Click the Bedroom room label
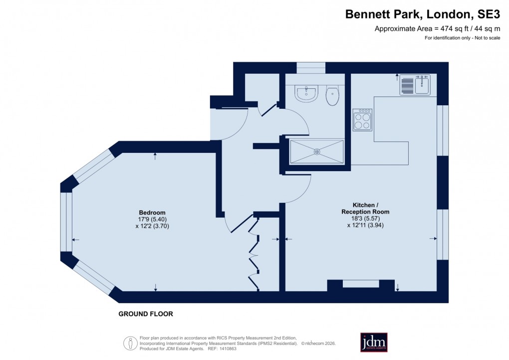click(152, 212)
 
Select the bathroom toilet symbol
click(332, 96)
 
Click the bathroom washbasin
click(305, 93)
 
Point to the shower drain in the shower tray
click(316, 151)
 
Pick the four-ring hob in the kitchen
click(362, 120)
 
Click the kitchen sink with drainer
click(415, 85)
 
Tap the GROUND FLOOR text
click(146, 314)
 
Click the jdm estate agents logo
click(374, 342)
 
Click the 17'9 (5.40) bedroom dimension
click(152, 219)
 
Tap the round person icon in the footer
click(130, 343)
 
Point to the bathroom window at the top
click(311, 67)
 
